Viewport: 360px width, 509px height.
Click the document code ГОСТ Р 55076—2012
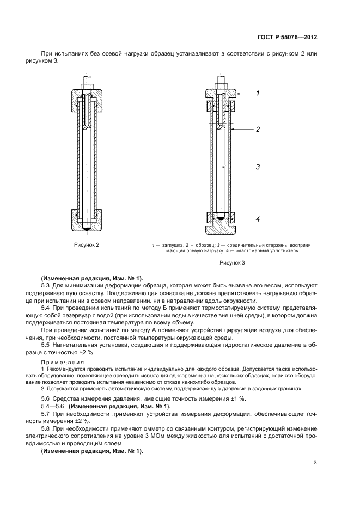coord(287,38)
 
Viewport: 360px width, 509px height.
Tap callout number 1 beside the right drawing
coord(258,93)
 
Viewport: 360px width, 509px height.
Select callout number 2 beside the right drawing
coord(258,130)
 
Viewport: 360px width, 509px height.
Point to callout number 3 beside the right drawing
coord(258,167)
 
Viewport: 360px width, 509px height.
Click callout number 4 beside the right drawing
coord(258,219)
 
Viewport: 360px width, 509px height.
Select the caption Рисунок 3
coord(233,263)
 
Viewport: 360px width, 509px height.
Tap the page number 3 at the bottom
coord(315,463)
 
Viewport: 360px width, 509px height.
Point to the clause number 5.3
coord(46,285)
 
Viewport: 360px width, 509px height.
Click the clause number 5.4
coord(46,308)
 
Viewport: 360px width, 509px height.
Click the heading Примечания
coord(60,362)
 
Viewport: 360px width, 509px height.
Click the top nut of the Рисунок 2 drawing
coord(87,86)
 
